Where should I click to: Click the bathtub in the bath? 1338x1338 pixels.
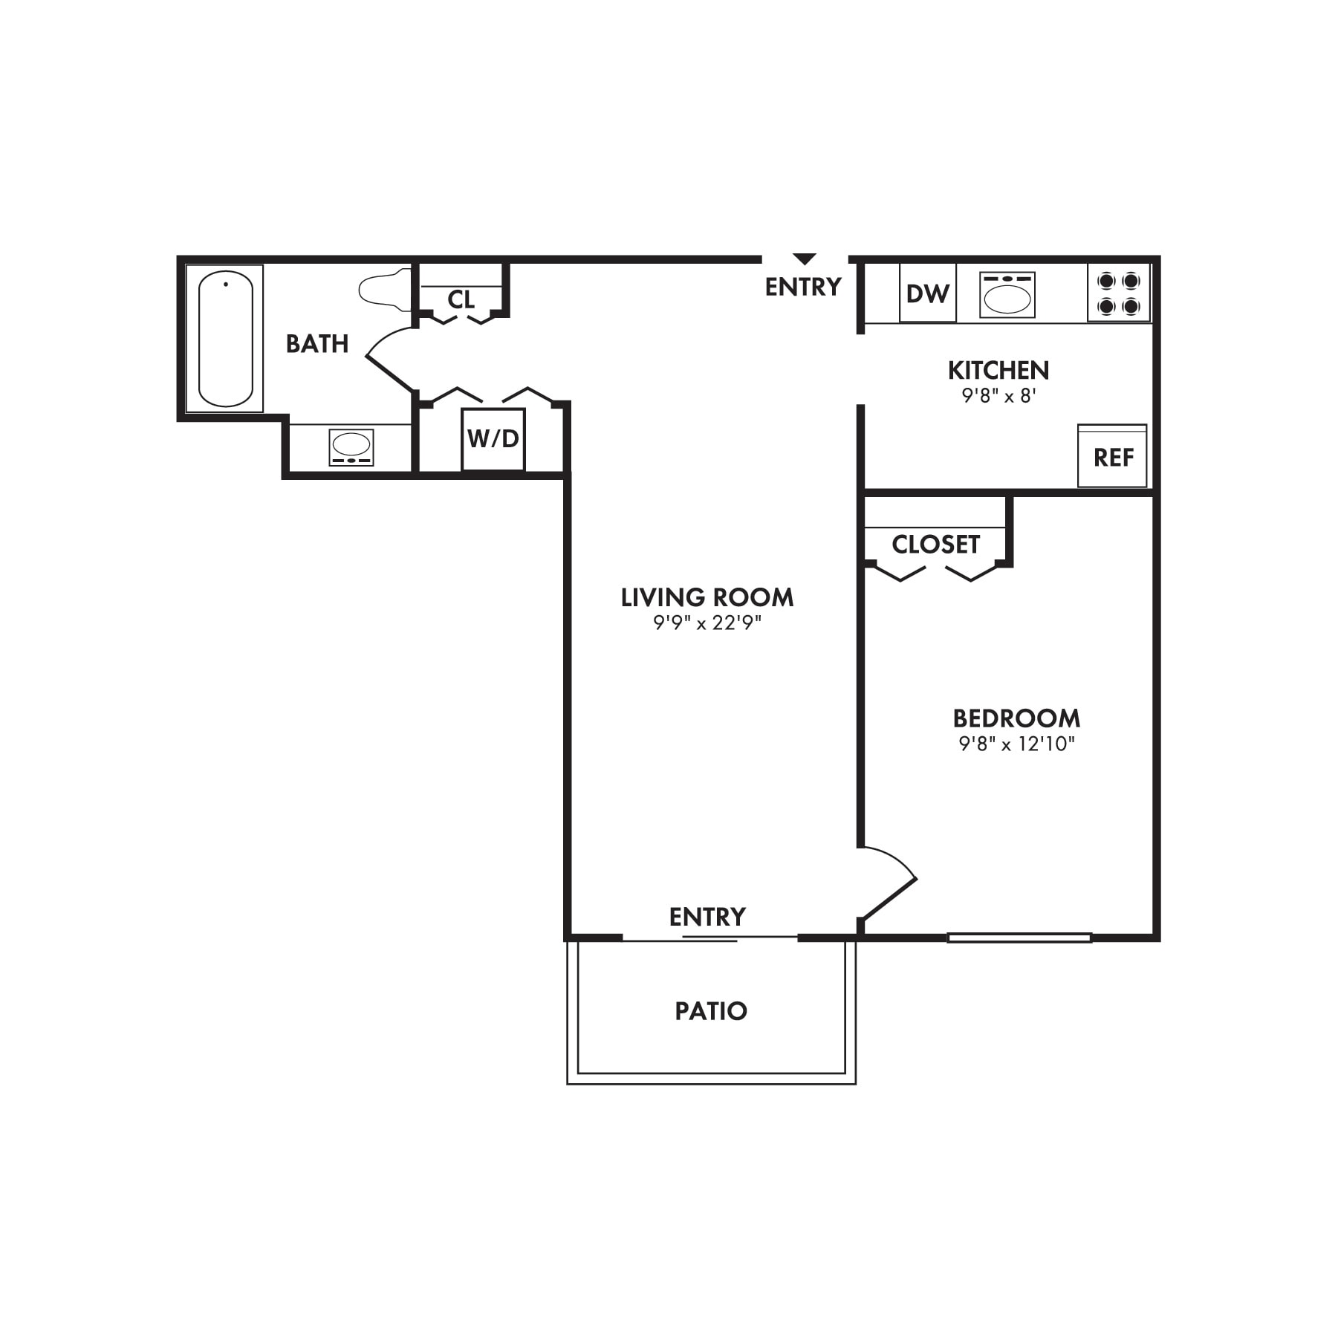226,339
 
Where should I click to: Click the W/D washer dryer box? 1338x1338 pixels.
493,439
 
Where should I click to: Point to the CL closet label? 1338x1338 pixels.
461,299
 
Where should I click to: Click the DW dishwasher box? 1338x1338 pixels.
927,293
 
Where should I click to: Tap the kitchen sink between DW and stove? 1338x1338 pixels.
1007,296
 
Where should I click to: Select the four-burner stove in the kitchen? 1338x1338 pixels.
1118,293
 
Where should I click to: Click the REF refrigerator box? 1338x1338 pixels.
1112,457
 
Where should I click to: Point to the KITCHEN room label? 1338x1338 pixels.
998,370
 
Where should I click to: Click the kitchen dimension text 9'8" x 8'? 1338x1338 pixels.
998,396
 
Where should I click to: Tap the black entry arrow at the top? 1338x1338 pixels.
804,259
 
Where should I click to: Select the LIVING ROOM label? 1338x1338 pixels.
707,597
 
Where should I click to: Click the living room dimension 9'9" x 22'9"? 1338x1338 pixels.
707,623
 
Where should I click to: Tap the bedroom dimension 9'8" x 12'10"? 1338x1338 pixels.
1016,744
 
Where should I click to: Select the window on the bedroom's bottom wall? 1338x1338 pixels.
1019,938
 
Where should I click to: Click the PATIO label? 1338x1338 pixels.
710,1011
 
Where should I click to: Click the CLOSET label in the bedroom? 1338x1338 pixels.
935,545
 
